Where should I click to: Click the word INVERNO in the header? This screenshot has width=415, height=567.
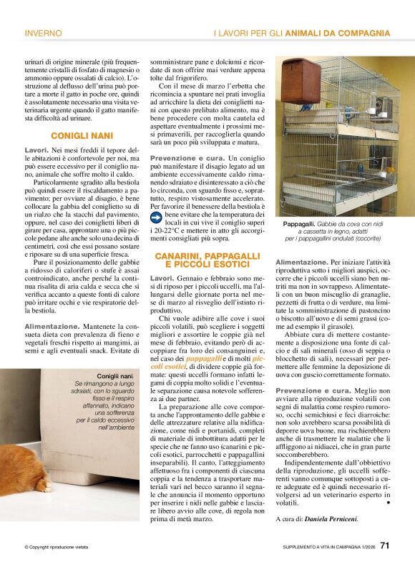[x=44, y=33]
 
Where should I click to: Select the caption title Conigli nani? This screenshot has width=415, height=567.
[x=114, y=376]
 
